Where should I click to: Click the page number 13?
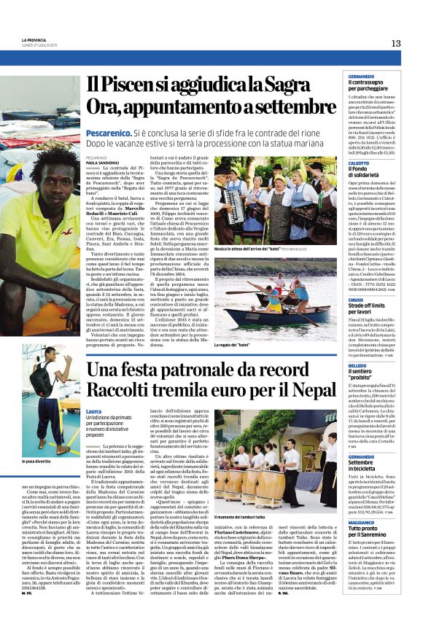(x=395, y=43)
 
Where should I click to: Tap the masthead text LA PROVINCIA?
(x=34, y=40)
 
